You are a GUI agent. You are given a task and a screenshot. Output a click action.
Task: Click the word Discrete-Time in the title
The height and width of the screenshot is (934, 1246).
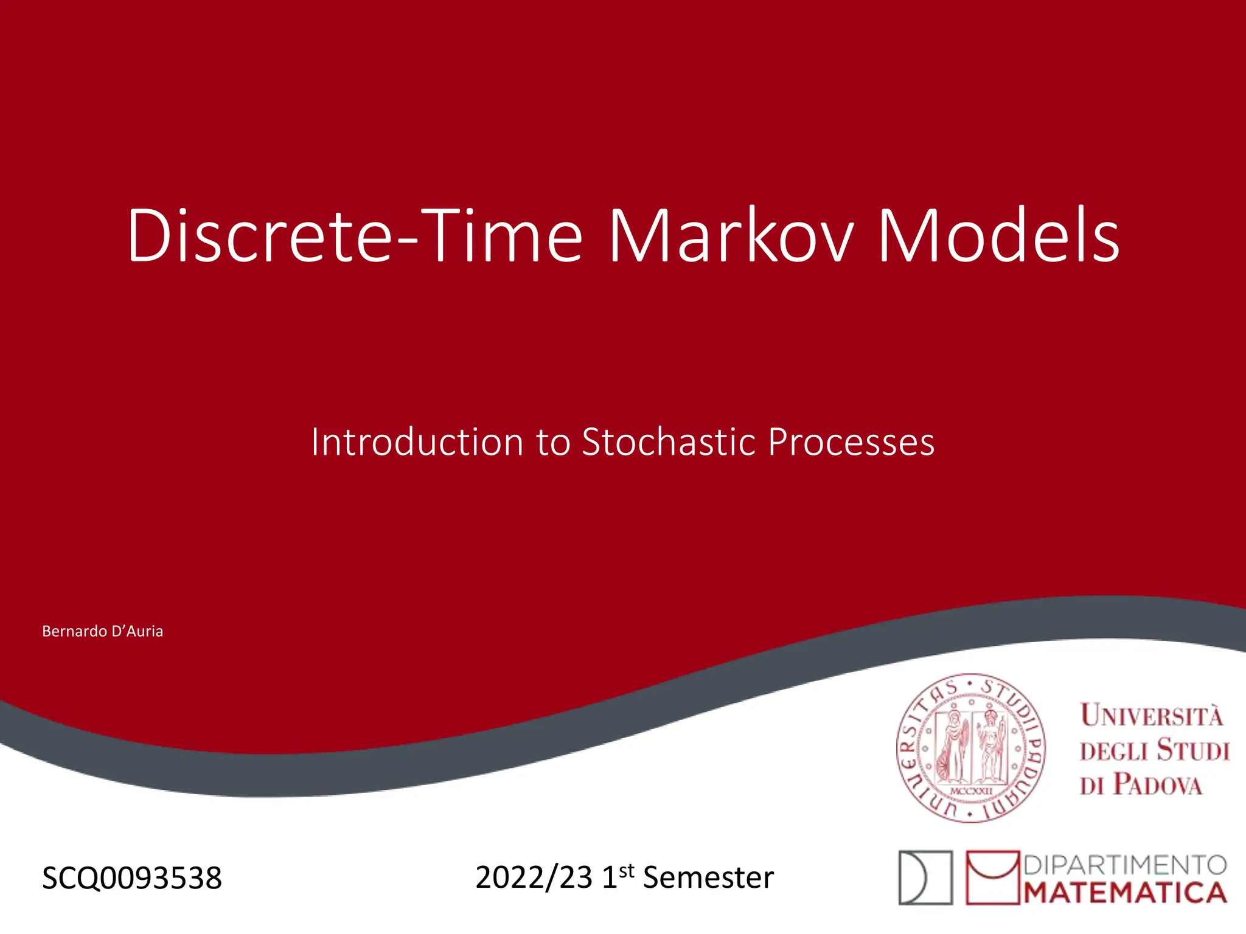[355, 236]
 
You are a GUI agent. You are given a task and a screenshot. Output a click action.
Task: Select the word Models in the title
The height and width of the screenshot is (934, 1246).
[998, 236]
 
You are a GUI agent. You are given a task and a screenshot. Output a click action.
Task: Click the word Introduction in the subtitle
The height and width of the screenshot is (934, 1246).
[417, 441]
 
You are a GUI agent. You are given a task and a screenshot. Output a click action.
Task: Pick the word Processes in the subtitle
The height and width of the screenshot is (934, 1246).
[851, 441]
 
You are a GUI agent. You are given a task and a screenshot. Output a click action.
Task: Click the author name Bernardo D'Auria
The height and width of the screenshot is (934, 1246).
[102, 631]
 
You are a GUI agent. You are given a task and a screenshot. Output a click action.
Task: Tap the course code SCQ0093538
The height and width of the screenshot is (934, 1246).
[132, 878]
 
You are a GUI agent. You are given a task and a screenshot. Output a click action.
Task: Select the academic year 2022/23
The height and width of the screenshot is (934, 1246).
[534, 877]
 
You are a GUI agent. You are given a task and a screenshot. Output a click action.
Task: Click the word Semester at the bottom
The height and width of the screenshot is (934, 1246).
[708, 877]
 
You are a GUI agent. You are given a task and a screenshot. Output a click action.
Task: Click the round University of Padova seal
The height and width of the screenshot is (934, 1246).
[971, 748]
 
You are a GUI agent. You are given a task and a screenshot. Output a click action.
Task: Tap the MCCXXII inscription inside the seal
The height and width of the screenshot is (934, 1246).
[971, 790]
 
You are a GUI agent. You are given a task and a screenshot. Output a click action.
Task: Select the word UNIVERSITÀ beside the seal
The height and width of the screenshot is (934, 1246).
[1151, 715]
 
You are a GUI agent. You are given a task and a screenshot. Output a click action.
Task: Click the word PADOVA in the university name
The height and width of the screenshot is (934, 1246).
[1158, 784]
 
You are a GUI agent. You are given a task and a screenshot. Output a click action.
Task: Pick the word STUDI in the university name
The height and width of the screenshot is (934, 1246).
[1192, 750]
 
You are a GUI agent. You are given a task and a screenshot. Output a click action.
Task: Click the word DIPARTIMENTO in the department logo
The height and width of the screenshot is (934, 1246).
[1126, 865]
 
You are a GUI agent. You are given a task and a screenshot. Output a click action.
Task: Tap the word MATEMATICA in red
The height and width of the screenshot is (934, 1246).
[1126, 893]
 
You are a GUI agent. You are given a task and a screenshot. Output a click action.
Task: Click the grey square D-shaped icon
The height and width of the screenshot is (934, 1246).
[925, 877]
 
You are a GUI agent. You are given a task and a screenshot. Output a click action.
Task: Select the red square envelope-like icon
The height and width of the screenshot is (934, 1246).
[992, 877]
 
